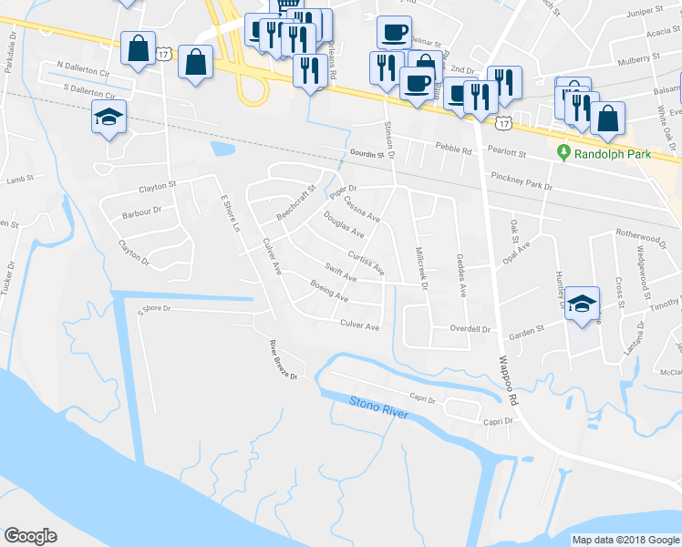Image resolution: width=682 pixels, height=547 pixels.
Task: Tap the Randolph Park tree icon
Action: (563, 154)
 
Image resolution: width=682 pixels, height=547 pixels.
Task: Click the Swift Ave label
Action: (340, 272)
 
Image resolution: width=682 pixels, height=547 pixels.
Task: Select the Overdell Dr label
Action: (471, 328)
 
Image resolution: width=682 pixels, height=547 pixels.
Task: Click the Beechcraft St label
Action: (295, 203)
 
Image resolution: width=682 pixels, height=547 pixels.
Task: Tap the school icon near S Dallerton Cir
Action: (108, 119)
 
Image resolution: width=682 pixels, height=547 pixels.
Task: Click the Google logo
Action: (30, 536)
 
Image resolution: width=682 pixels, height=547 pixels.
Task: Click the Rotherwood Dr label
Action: (642, 234)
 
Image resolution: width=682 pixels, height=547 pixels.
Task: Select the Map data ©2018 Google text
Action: (625, 540)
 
